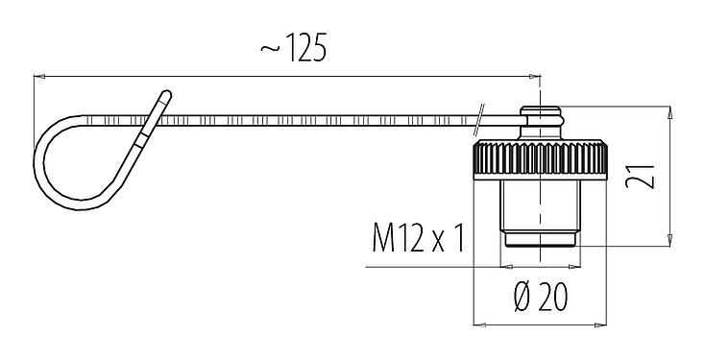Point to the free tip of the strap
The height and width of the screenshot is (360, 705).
[x=166, y=96]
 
